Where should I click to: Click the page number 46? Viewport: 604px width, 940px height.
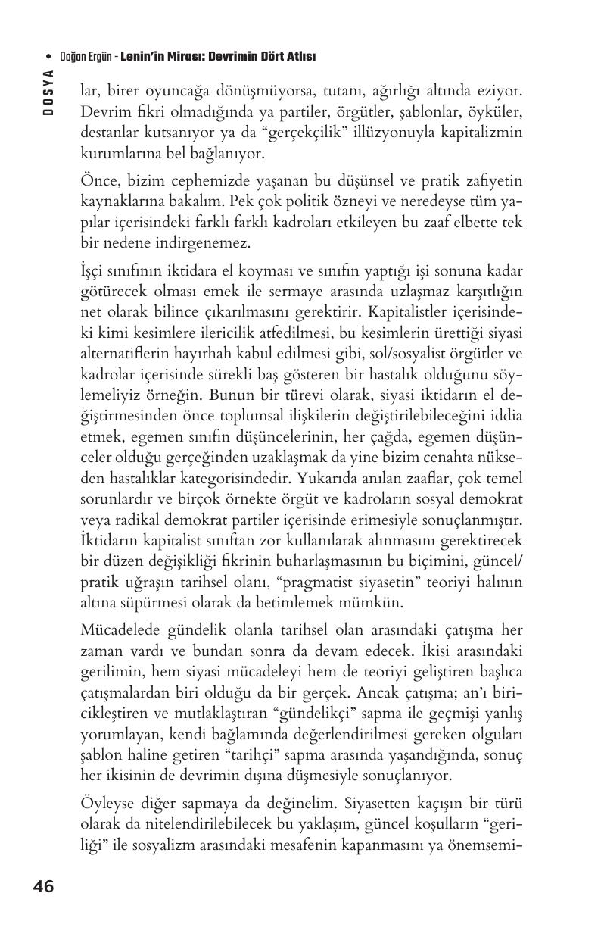pos(43,886)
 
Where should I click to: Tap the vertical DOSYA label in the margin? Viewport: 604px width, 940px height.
pos(48,92)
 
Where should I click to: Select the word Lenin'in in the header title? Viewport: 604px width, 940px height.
pos(144,57)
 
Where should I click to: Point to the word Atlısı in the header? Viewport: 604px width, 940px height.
pos(300,57)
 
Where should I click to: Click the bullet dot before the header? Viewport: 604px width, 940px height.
pos(49,58)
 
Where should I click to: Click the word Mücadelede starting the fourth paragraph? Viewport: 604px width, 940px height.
pos(119,630)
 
